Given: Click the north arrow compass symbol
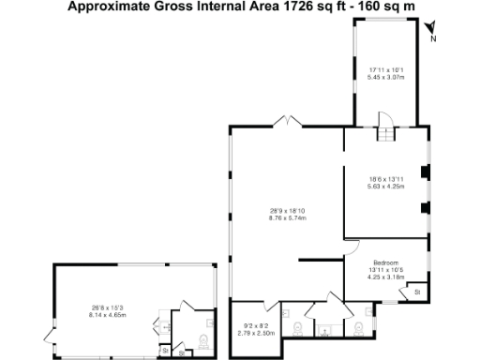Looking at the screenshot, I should coord(430,37).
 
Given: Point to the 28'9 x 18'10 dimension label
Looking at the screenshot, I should coord(288,210).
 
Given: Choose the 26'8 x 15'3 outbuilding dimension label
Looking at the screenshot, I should coord(97,307).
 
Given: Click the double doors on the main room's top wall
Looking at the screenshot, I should coord(286,121).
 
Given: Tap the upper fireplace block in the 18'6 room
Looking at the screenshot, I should coord(425,172).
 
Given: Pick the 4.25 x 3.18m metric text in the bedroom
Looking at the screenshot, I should coord(385,277).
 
